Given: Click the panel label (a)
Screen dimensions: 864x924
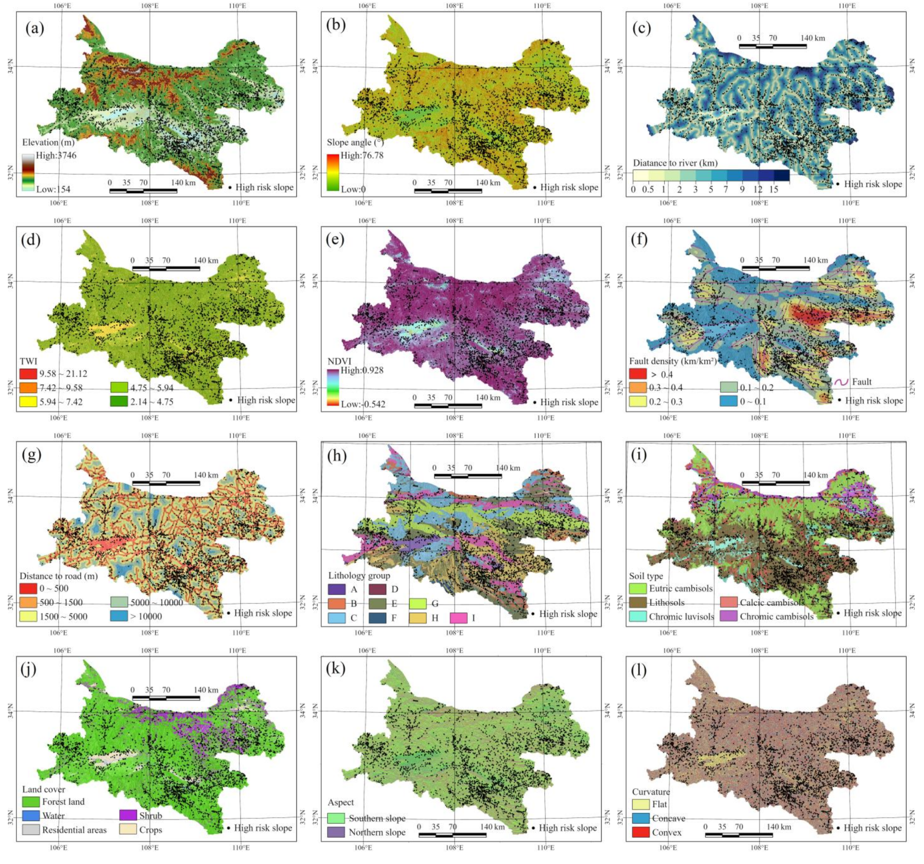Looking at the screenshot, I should pyautogui.click(x=35, y=29).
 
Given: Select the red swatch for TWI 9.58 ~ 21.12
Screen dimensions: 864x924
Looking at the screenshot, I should pyautogui.click(x=28, y=374).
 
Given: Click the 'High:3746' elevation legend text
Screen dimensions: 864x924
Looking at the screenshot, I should pyautogui.click(x=56, y=155).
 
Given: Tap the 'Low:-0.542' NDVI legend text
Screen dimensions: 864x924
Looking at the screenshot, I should pyautogui.click(x=363, y=404).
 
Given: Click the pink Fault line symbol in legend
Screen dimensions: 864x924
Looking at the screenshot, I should pyautogui.click(x=841, y=382).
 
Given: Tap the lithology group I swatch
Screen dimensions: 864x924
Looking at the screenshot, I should pyautogui.click(x=459, y=618).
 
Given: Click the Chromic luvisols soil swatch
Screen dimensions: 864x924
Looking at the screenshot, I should pyautogui.click(x=638, y=617).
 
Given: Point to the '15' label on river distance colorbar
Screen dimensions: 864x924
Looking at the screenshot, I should pyautogui.click(x=774, y=189).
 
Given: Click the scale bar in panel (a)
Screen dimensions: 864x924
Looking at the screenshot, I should pyautogui.click(x=143, y=190).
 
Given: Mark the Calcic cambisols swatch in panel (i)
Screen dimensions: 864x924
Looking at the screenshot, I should pyautogui.click(x=728, y=603).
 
